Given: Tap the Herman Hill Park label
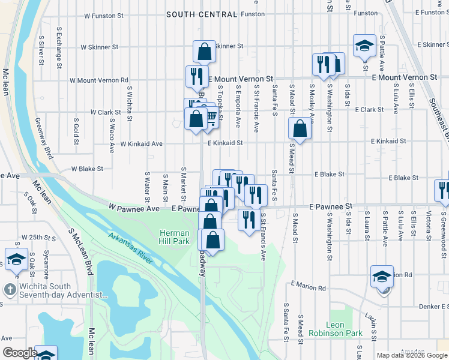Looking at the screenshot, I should (x=174, y=237).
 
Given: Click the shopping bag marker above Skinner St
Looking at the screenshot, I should (x=204, y=52).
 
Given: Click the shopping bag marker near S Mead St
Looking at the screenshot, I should (x=300, y=128).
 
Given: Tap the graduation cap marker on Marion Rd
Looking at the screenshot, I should (x=382, y=277).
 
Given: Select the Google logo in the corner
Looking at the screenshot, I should (x=20, y=353).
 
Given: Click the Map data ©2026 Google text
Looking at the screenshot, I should (x=412, y=355).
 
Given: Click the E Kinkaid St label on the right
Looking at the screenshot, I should (x=388, y=141).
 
